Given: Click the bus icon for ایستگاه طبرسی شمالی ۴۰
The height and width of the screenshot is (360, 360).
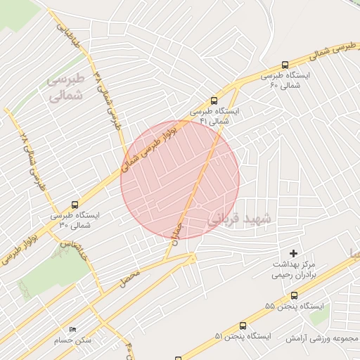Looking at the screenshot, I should [285, 65].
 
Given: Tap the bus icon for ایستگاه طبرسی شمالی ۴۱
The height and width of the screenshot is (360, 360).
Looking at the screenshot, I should [214, 100].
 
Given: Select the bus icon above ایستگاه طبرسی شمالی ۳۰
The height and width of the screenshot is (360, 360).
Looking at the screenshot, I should [75, 205].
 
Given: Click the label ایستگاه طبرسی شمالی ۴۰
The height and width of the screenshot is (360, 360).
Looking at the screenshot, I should [285, 79].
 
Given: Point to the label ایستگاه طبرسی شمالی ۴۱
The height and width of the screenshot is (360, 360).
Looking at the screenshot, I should [214, 116].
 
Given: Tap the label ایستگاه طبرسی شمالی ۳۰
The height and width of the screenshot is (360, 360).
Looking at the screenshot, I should [75, 220].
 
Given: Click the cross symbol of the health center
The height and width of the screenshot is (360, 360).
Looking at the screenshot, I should [294, 252].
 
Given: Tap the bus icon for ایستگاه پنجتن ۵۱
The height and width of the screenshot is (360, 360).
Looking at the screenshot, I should [243, 326].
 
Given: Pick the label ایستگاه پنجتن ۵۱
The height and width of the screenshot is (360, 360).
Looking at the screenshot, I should [243, 337].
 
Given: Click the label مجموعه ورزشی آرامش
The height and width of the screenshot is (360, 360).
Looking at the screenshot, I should [323, 338].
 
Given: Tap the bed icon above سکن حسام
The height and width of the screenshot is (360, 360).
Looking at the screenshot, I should [72, 330].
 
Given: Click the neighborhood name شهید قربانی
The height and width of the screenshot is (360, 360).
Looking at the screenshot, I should [234, 219].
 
